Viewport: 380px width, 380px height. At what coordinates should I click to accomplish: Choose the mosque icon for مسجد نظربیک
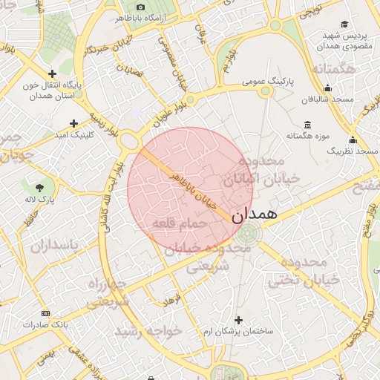click(x=353, y=140)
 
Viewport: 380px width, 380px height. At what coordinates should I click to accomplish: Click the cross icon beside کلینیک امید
click(x=73, y=123)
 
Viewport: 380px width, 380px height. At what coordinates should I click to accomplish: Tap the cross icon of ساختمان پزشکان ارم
click(x=238, y=319)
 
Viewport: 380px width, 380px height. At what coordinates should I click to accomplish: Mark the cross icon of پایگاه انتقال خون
click(x=52, y=73)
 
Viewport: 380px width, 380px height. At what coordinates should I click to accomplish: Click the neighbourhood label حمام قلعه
click(x=172, y=223)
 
